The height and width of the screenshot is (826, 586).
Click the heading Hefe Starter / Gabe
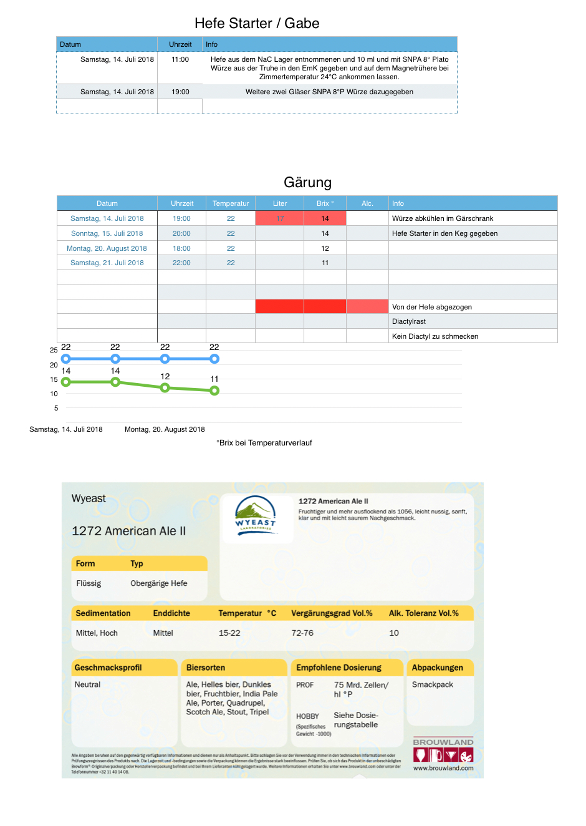[257, 24]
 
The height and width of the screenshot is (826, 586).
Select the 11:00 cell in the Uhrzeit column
[180, 60]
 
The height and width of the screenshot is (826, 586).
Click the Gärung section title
[307, 183]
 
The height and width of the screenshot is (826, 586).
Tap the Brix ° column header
[325, 203]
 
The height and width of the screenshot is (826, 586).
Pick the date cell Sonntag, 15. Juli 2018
[107, 233]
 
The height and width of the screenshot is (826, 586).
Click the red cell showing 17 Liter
[280, 218]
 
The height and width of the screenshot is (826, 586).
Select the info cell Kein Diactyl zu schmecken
[435, 336]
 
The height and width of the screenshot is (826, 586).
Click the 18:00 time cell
[181, 248]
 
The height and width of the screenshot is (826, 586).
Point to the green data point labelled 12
[165, 387]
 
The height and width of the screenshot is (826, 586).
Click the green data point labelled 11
[214, 391]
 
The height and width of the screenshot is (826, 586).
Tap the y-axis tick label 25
[54, 350]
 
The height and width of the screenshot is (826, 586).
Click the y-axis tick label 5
[56, 408]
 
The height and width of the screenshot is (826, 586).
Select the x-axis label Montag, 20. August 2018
[165, 429]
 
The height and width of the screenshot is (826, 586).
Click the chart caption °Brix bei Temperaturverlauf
[264, 443]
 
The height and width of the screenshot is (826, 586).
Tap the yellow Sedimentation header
[103, 613]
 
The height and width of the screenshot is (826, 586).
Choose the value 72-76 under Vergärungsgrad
[302, 633]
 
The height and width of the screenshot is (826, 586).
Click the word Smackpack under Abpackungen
[433, 684]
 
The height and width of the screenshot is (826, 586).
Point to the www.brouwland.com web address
[443, 768]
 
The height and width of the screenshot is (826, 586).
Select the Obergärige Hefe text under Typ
[159, 583]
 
